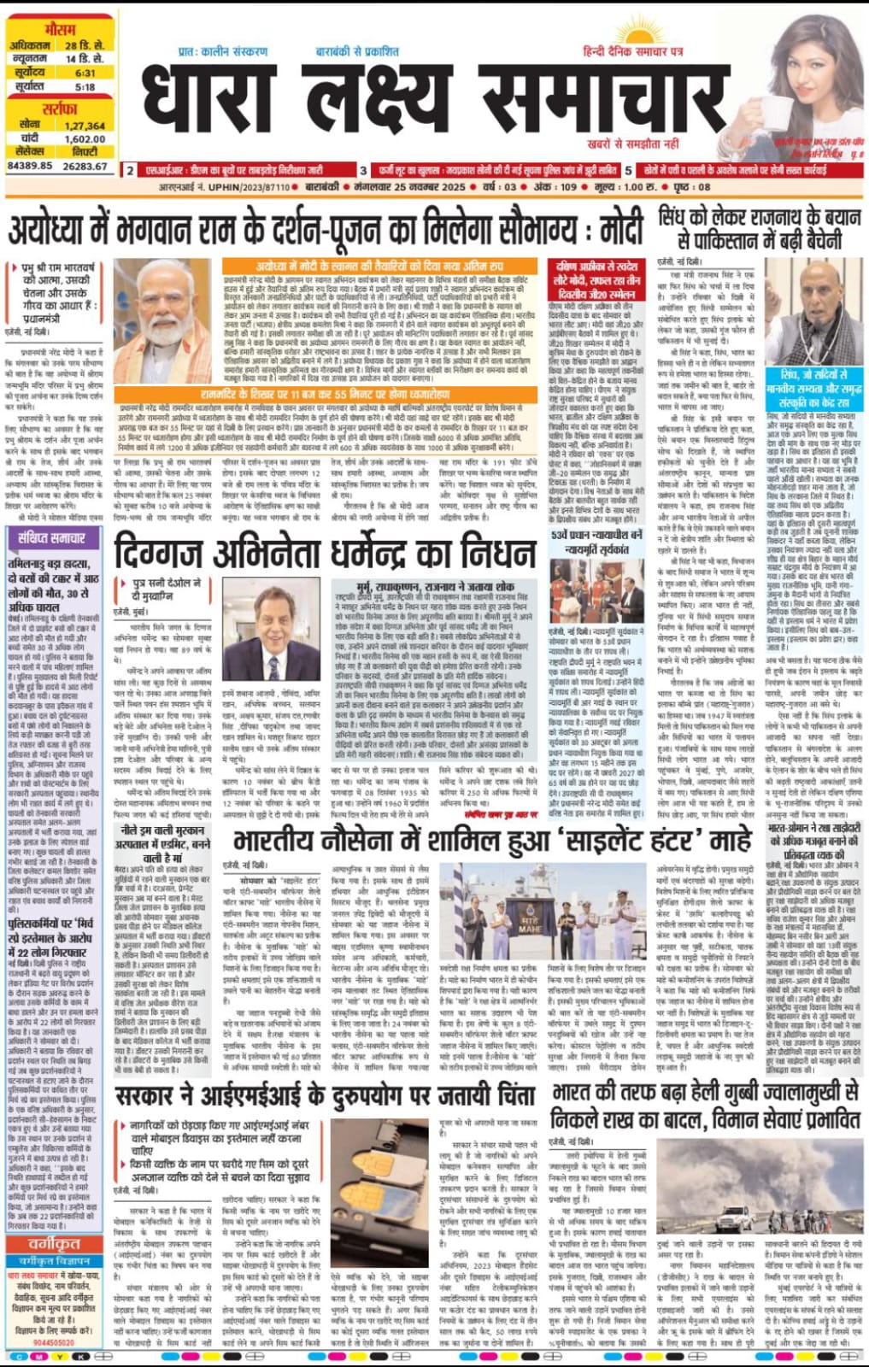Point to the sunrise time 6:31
point(85,73)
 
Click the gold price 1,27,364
point(85,126)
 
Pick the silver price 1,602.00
point(85,138)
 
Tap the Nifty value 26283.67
point(85,166)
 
